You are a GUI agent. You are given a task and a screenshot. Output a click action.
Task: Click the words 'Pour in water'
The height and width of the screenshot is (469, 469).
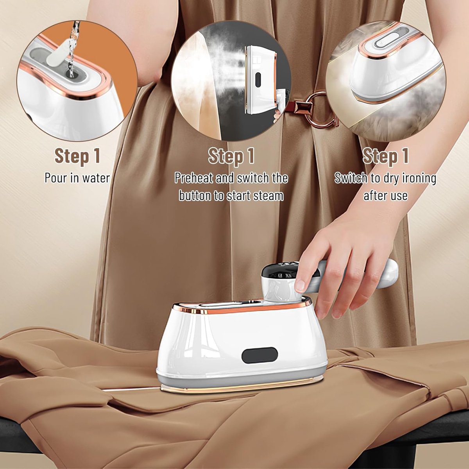(x=77, y=178)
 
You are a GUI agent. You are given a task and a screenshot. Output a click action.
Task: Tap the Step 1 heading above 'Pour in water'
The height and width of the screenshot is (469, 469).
(x=77, y=156)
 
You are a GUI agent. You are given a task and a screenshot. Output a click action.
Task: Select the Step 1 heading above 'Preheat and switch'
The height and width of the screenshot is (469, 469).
(x=231, y=156)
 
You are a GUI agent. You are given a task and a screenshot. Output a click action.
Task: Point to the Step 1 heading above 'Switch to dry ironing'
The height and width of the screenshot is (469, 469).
(x=385, y=156)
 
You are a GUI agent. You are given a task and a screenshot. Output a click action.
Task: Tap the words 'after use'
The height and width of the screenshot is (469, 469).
(x=385, y=196)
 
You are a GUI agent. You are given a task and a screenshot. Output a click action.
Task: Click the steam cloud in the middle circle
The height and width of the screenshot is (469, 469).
(x=219, y=61)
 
